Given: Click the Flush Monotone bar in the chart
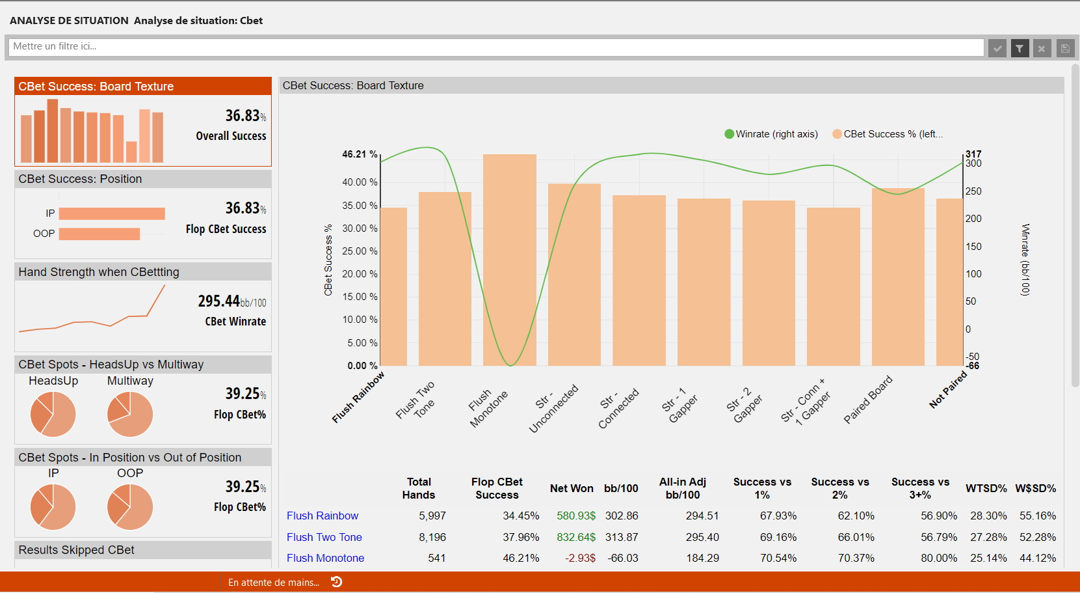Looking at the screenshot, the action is coord(510,260).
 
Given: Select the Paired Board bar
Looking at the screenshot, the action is coord(898,277).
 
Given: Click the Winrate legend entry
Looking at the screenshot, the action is coord(771,134).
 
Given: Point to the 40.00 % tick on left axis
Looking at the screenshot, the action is coord(360,182).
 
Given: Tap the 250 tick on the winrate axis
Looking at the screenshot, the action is coord(973,191).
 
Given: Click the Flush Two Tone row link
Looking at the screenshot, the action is coord(324,537).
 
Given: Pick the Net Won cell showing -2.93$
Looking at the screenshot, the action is coord(580,559).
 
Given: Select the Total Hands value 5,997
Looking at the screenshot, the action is coord(432,516).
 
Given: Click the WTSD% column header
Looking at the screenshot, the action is coord(986,488).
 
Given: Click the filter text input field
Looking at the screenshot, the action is coord(496,48).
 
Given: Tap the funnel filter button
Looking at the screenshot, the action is coord(1020,48).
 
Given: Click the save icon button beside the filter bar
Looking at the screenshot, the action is coord(1065,48).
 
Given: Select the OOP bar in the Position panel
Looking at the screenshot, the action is coord(99,234).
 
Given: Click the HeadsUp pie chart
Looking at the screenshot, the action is coord(53,414).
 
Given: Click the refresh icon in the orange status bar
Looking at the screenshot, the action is coord(337,582).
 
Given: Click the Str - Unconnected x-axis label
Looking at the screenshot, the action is coord(553,407).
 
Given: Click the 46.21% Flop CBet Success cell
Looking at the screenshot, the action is coord(521,559).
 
